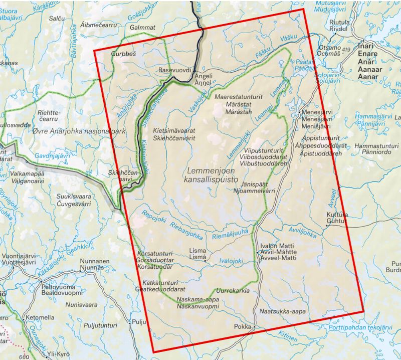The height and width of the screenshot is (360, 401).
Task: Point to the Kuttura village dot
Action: point(326,225)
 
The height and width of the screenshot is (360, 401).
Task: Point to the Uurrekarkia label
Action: point(232,290)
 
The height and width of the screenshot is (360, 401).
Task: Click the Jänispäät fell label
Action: point(248,184)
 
